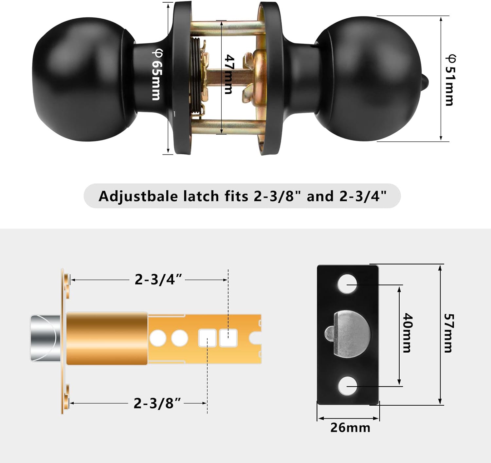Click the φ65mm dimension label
[x=156, y=75]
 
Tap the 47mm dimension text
[x=229, y=75]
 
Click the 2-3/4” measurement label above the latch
[x=158, y=280]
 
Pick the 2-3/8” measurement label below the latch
[x=157, y=403]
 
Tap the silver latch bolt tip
[x=44, y=338]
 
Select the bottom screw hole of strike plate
[x=347, y=386]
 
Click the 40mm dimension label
[x=407, y=333]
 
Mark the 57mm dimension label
[x=448, y=333]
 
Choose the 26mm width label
[x=350, y=428]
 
